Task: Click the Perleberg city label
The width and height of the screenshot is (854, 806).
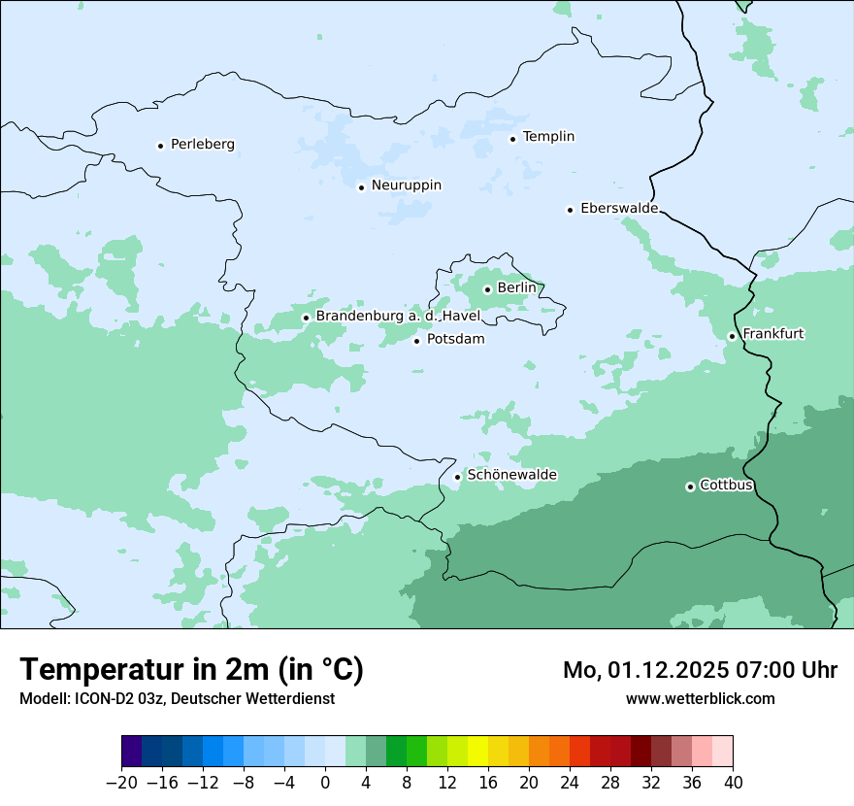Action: [x=202, y=145]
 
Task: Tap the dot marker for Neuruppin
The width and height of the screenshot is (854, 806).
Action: [x=361, y=187]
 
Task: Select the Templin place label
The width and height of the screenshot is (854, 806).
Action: [x=548, y=137]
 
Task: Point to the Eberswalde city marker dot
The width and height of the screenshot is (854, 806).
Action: [x=570, y=210]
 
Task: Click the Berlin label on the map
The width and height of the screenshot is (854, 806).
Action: [x=516, y=288]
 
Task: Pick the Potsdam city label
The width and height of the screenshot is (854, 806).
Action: [x=455, y=340]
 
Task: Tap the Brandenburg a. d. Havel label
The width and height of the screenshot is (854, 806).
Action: [x=398, y=317]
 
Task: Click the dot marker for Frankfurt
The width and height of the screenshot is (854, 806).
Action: [x=732, y=337]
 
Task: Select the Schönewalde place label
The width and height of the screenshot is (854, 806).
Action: [x=511, y=476]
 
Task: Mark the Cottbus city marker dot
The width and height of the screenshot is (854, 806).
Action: [x=690, y=487]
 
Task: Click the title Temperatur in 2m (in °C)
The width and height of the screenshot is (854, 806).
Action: [x=191, y=670]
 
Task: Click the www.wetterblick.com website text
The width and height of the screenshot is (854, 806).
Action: [x=700, y=698]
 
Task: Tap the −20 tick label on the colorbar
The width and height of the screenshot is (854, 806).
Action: [x=121, y=783]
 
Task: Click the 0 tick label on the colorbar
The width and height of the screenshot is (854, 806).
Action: [x=325, y=783]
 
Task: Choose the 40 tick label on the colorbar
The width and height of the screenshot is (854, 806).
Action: [x=733, y=783]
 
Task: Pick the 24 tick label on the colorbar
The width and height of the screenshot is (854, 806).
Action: [x=570, y=783]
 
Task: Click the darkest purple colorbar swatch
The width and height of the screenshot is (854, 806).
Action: [x=132, y=752]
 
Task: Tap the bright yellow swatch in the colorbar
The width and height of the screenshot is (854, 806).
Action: [x=477, y=752]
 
